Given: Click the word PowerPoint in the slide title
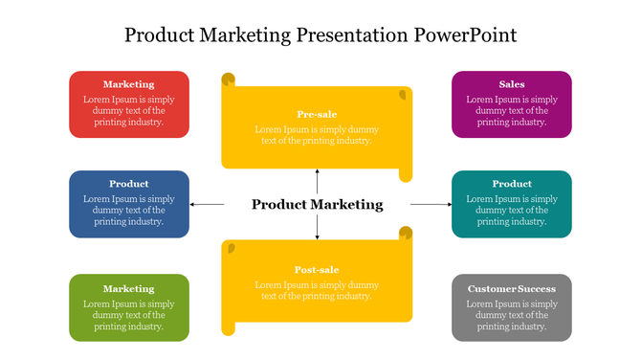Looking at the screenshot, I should (x=466, y=35).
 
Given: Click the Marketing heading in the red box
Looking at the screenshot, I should (x=128, y=84).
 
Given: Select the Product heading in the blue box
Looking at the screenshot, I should (x=128, y=184).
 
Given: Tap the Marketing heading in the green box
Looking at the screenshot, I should (x=128, y=288).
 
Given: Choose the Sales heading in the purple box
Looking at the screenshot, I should (x=512, y=84).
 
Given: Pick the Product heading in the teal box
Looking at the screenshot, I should (x=512, y=184).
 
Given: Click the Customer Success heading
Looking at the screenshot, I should (x=512, y=288).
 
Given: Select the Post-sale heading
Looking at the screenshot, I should (x=317, y=270).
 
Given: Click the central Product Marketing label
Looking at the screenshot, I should (x=317, y=204).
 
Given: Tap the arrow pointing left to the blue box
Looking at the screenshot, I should (x=207, y=204).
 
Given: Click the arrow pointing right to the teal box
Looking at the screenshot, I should (x=431, y=204).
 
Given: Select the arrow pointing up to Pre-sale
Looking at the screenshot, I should (x=317, y=181).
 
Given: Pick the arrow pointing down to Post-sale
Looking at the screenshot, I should (x=317, y=227).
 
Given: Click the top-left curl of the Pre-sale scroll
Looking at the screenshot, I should (x=228, y=79).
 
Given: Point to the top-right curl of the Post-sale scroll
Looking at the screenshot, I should (x=406, y=233).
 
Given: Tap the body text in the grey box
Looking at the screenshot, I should (x=512, y=315).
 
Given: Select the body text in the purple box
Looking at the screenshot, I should (x=512, y=110).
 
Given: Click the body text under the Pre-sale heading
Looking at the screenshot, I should (x=317, y=135).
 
